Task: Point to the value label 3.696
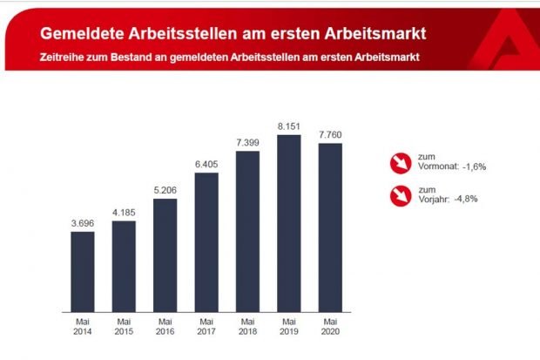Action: click(82, 224)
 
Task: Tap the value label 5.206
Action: click(165, 191)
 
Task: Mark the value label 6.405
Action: click(206, 165)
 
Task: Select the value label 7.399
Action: click(248, 143)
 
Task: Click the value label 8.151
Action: click(289, 126)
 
